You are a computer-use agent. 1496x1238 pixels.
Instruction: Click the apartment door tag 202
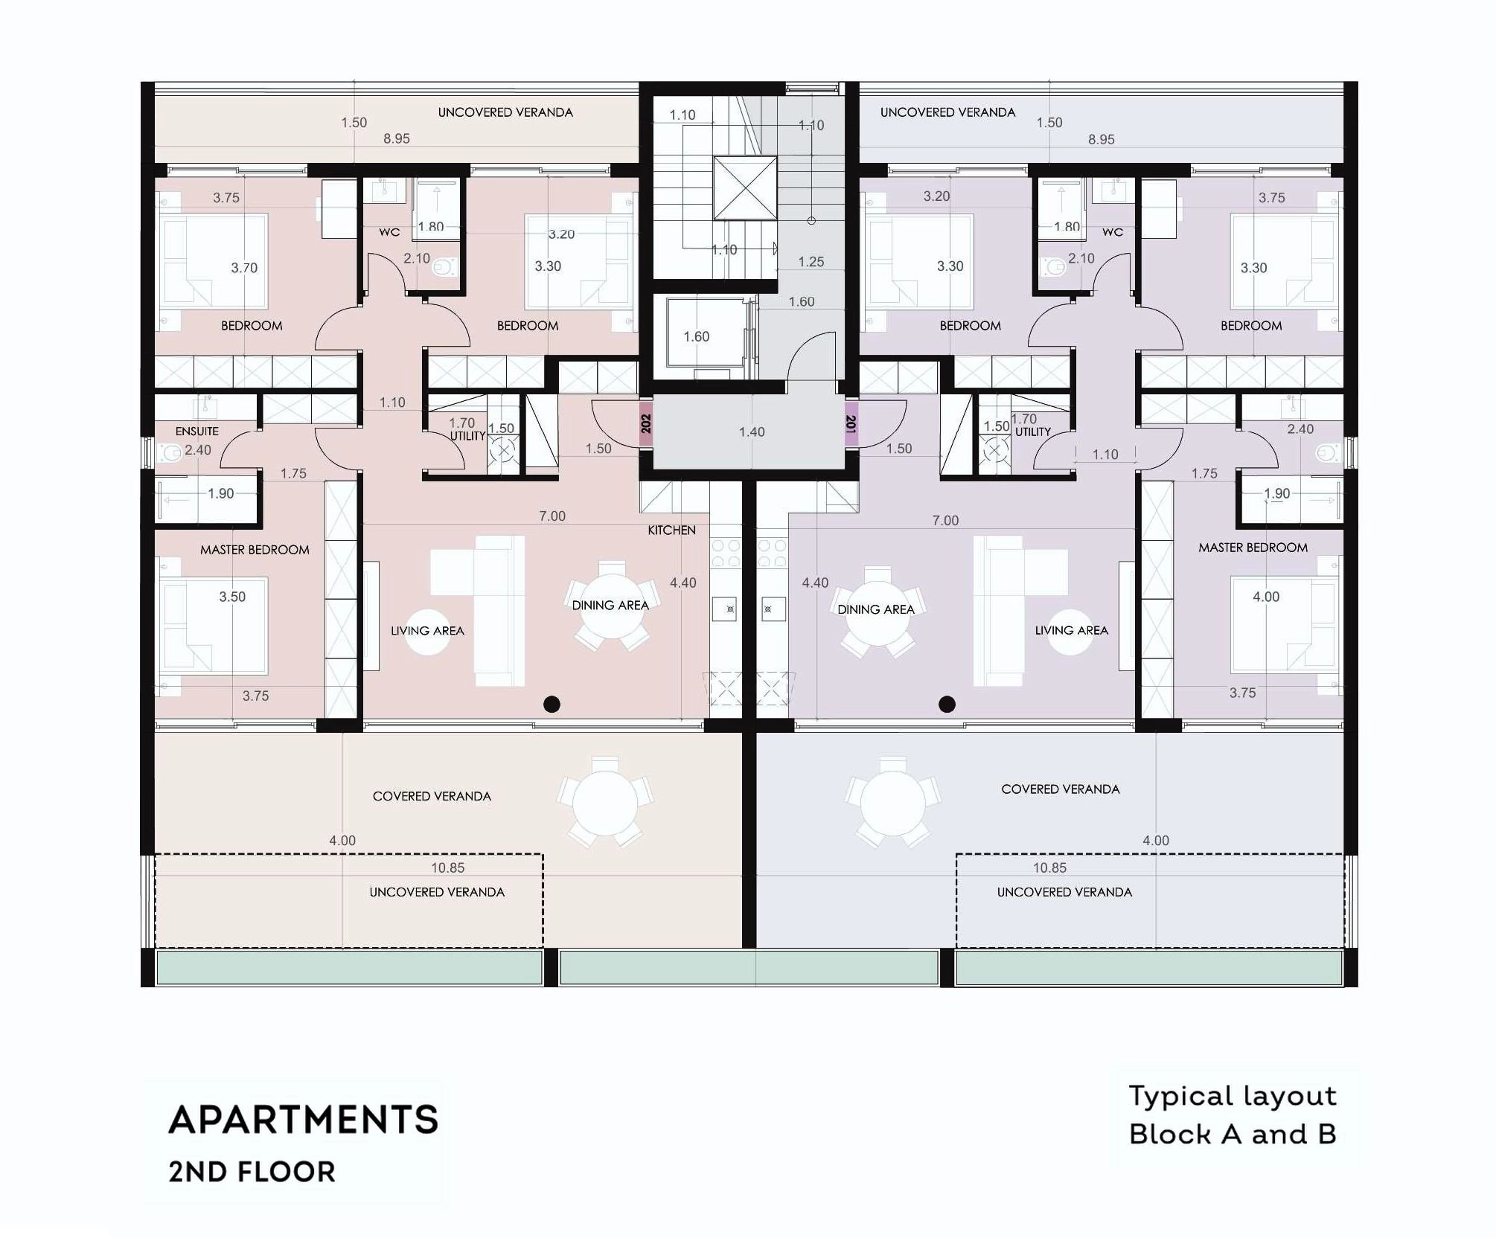(646, 424)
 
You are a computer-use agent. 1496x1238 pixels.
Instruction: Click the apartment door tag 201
(851, 424)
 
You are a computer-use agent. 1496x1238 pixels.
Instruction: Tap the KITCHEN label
(671, 530)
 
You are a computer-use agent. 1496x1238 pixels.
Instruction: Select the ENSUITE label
(197, 431)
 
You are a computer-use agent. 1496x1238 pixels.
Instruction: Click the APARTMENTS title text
(304, 1120)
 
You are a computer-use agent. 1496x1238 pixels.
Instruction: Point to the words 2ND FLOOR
(252, 1172)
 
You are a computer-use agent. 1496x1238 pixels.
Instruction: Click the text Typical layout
(1233, 1096)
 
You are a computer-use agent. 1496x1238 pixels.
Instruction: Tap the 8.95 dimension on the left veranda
(397, 138)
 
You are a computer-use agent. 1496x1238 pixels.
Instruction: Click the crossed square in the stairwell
(745, 187)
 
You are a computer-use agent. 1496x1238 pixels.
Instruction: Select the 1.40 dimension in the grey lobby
(752, 432)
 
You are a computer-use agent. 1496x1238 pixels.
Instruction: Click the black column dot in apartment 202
(552, 704)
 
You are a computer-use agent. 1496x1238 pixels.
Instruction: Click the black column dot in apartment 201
(947, 704)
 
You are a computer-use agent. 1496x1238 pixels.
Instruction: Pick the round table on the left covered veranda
(605, 804)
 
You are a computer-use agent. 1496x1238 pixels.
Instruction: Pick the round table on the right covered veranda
(892, 803)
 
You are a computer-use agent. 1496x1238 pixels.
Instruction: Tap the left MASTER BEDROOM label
(255, 550)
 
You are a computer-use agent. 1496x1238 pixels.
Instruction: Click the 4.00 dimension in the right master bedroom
(1266, 597)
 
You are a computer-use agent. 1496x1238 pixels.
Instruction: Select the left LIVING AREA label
(427, 631)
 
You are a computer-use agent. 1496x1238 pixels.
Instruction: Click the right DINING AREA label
(876, 609)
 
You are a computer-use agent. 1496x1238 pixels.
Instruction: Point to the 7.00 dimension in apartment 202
(552, 516)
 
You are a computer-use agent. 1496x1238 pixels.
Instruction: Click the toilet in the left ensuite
(170, 452)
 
